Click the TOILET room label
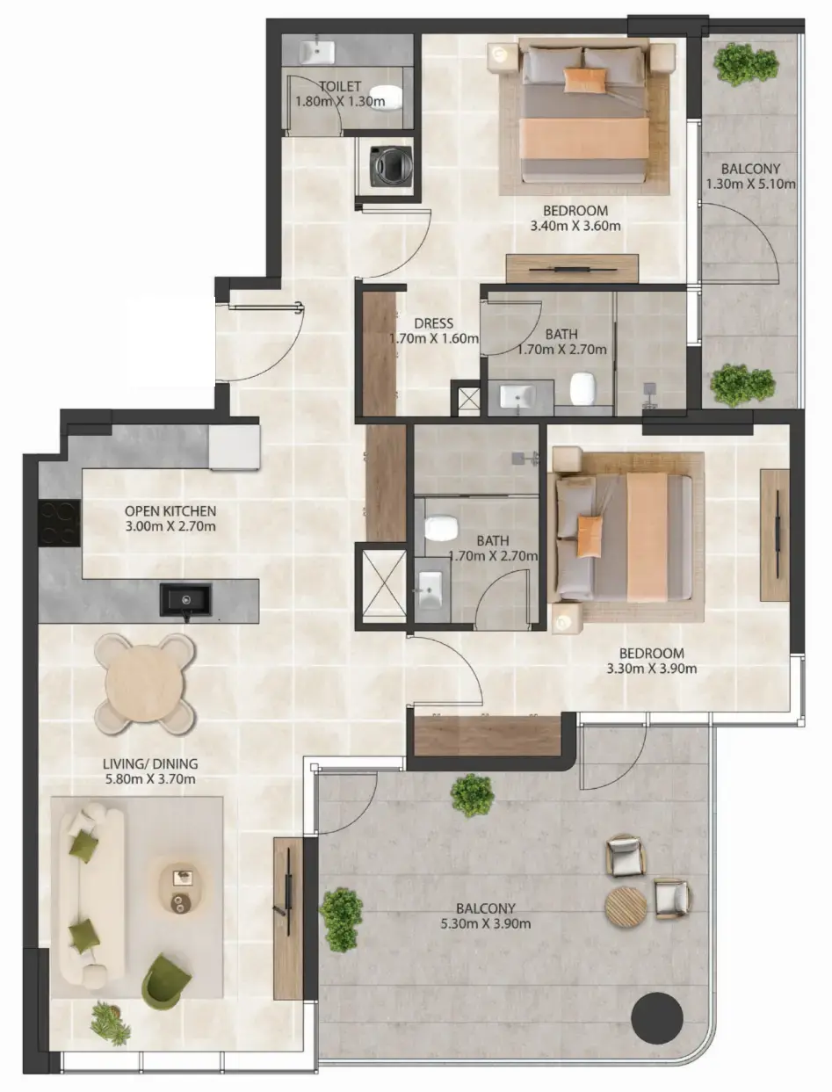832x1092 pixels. tap(340, 86)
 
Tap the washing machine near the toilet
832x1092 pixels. tap(387, 165)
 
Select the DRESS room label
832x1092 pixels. tap(433, 322)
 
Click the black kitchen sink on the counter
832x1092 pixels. tap(185, 600)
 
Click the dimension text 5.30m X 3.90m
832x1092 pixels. tap(486, 923)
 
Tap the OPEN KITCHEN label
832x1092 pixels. tap(170, 511)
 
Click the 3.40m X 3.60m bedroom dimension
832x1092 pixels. tap(576, 226)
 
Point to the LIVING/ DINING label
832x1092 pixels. tap(150, 763)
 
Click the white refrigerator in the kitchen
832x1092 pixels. tap(234, 448)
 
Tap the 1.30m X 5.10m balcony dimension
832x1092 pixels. tap(751, 184)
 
